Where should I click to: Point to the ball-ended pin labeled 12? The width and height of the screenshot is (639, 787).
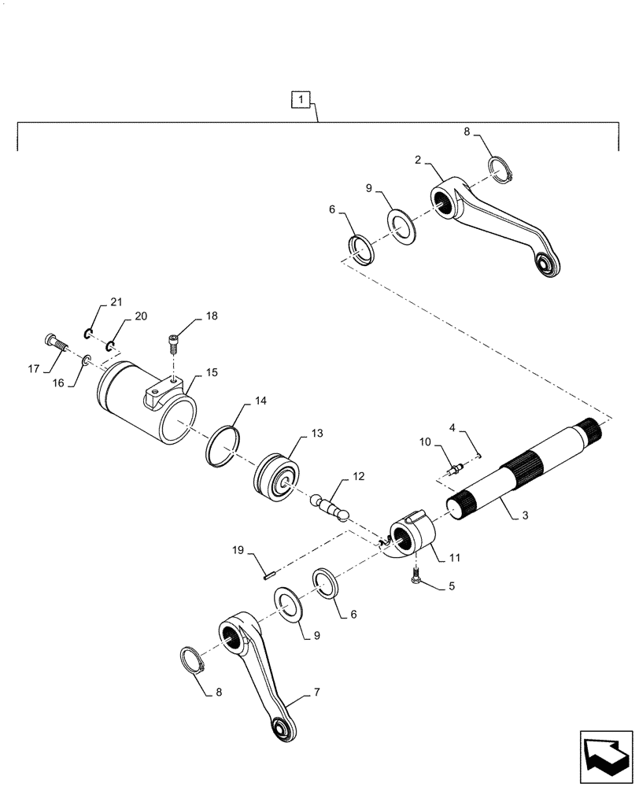(337, 504)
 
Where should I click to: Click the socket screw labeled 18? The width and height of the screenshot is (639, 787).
(174, 344)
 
